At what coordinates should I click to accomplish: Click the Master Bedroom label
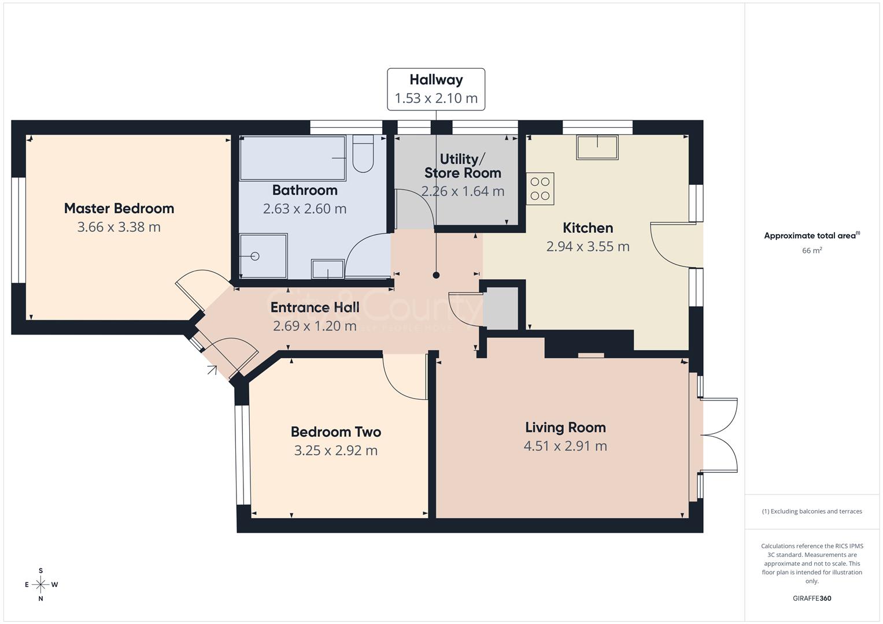[x=119, y=208]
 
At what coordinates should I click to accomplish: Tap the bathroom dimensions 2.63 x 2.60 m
[x=305, y=209]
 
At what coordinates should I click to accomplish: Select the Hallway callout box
[x=436, y=89]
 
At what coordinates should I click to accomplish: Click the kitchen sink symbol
[x=597, y=147]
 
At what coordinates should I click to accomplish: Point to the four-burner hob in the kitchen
[x=540, y=188]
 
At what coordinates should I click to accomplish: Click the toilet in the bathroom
[x=363, y=154]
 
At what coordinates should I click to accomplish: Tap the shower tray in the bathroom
[x=263, y=255]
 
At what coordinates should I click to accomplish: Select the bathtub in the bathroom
[x=293, y=158]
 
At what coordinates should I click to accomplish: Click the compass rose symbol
[x=40, y=584]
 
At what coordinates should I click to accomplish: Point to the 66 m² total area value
[x=812, y=250]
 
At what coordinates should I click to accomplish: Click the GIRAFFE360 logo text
[x=812, y=598]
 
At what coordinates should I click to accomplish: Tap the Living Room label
[x=565, y=428]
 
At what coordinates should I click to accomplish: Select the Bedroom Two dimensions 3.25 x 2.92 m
[x=335, y=451]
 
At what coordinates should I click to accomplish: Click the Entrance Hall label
[x=315, y=307]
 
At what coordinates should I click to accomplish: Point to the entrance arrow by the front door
[x=212, y=370]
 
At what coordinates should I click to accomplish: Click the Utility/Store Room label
[x=462, y=166]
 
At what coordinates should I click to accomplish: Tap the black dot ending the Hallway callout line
[x=436, y=275]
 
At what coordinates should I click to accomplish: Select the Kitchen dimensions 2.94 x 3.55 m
[x=588, y=247]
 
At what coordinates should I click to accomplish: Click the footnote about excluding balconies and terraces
[x=812, y=511]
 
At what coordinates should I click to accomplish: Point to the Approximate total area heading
[x=812, y=236]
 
